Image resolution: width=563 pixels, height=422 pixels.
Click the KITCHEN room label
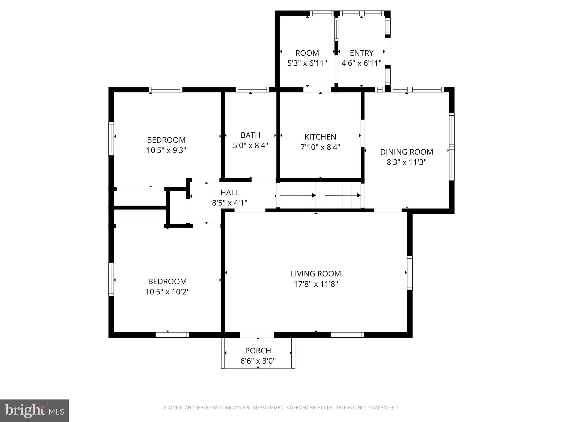click(x=320, y=137)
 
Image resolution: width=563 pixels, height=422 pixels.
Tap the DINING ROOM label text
click(x=407, y=152)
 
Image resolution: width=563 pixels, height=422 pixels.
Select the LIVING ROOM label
click(x=316, y=274)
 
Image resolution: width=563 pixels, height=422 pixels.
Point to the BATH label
click(x=250, y=135)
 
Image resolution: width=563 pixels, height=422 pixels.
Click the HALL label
click(x=230, y=193)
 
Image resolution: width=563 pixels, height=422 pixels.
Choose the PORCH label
click(x=258, y=351)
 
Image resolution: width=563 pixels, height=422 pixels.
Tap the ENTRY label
click(x=361, y=53)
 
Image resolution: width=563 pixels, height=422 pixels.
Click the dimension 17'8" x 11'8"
click(x=316, y=284)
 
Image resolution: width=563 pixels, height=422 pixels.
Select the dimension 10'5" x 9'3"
click(x=166, y=150)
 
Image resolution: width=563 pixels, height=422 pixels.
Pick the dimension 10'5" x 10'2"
click(x=167, y=291)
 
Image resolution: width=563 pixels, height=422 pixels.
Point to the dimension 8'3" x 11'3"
click(x=407, y=162)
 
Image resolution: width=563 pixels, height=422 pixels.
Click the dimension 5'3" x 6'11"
click(x=307, y=63)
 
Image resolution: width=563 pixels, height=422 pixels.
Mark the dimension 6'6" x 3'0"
click(x=258, y=361)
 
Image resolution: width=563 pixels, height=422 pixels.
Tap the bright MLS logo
click(x=34, y=411)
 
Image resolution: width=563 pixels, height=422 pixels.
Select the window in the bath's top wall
click(x=252, y=90)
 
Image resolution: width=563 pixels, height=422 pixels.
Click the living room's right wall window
click(x=410, y=273)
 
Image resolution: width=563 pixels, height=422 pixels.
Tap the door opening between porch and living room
click(x=257, y=335)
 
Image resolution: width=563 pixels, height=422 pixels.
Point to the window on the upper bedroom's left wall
click(x=111, y=138)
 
